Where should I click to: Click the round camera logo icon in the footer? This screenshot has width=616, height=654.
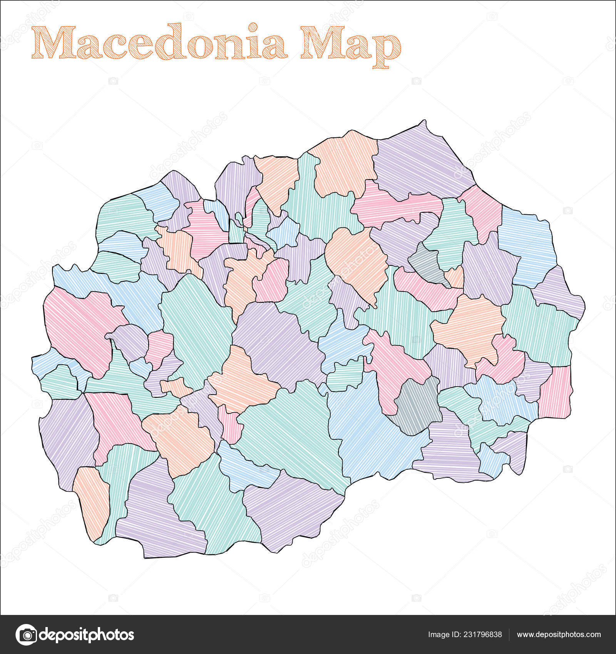click(26, 634)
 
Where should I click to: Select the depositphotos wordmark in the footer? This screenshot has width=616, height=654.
click(87, 634)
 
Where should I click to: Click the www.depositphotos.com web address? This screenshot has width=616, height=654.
click(559, 635)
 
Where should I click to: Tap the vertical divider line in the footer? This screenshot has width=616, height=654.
click(509, 635)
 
